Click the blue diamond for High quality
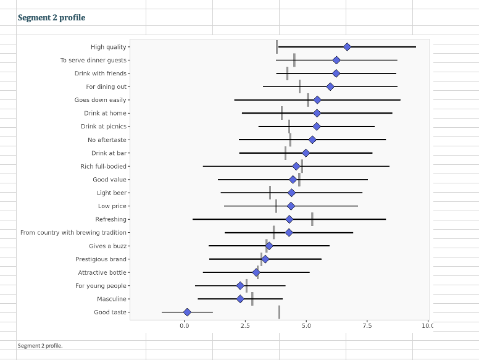(347, 47)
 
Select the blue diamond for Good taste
(187, 312)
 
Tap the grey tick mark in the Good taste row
(279, 312)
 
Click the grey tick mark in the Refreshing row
(312, 219)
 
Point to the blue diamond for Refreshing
(289, 219)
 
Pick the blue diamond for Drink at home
(317, 114)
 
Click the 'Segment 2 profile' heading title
(51, 18)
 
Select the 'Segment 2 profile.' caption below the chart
(40, 346)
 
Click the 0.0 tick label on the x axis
(185, 325)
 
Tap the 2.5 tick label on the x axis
(245, 325)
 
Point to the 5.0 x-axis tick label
(306, 325)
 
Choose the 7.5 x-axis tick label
(367, 325)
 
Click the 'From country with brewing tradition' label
(73, 233)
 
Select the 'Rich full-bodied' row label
(103, 167)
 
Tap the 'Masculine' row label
(111, 299)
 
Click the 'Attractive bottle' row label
(102, 273)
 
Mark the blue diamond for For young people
(240, 286)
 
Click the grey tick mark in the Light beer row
(270, 193)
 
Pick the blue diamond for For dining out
(330, 87)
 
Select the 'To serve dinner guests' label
(93, 61)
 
